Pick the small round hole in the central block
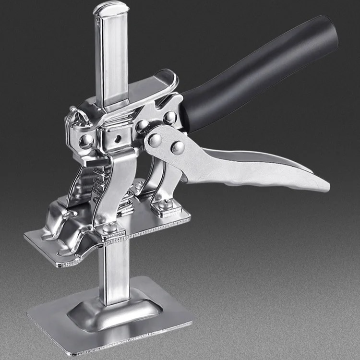pyautogui.click(x=115, y=139)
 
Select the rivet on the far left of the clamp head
pyautogui.click(x=85, y=141)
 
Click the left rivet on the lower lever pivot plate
pyautogui.click(x=155, y=140)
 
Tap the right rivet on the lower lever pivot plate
pyautogui.click(x=177, y=147)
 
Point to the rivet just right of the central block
pyautogui.click(x=142, y=126)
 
